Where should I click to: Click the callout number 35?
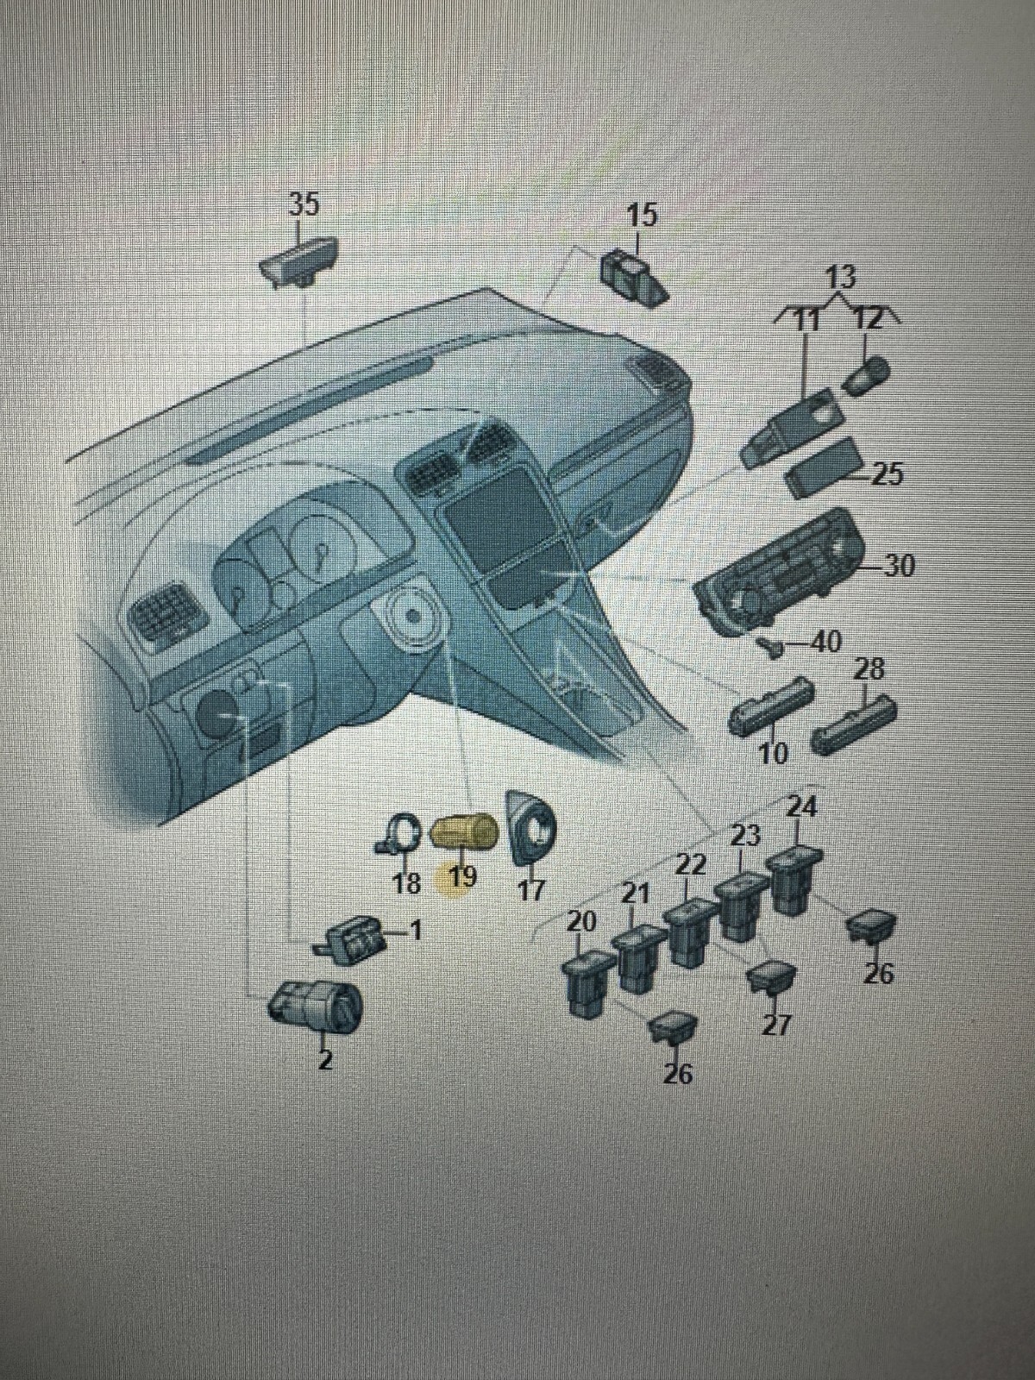(303, 204)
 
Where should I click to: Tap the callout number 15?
(641, 215)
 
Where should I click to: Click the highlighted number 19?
(462, 878)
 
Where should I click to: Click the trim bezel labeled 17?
(533, 827)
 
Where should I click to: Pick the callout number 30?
(896, 567)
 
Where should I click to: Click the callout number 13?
(840, 278)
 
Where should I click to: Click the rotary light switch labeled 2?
(315, 1010)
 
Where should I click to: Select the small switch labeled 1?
(352, 937)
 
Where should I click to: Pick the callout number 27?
(775, 1026)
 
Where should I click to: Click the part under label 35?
(301, 262)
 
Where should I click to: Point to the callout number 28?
(869, 669)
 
